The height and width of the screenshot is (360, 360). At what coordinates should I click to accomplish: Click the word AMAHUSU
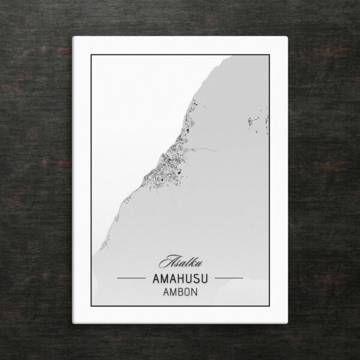[180, 279]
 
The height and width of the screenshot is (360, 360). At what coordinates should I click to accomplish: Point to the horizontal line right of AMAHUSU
[229, 278]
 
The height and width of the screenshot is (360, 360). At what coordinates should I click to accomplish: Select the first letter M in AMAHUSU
[163, 279]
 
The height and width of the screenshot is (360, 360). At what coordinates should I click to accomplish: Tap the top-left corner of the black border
[91, 55]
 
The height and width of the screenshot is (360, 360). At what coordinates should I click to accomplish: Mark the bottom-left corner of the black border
[91, 306]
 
